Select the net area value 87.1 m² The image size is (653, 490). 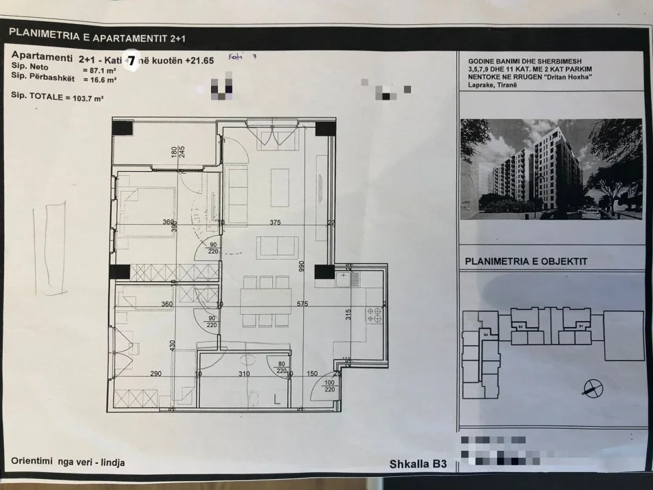tap(99, 70)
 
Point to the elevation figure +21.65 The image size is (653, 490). tap(199, 60)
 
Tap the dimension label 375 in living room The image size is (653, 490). tap(275, 222)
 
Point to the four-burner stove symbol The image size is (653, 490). tap(375, 315)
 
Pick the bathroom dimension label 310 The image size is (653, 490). tap(244, 374)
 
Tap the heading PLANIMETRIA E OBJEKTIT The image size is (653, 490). tap(526, 261)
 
